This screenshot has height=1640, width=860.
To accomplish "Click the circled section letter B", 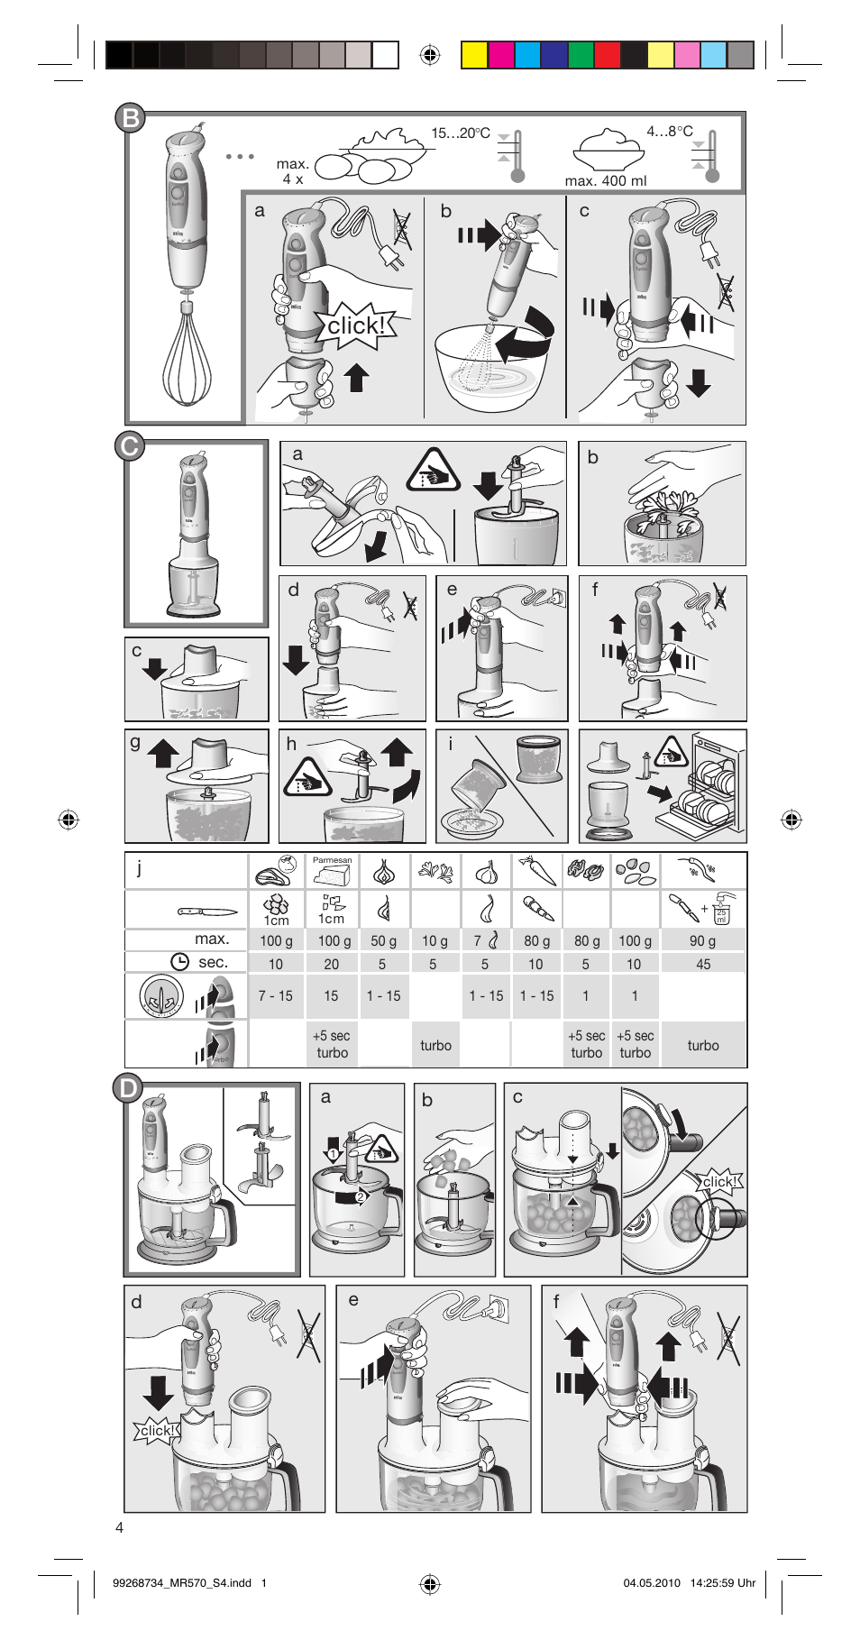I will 132,118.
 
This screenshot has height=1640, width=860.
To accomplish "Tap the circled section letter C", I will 130,445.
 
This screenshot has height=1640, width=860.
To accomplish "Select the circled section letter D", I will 129,1088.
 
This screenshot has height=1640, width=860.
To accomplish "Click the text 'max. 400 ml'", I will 606,181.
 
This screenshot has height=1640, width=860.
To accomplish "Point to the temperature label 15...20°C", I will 460,133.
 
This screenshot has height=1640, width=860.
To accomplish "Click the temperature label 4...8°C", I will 669,132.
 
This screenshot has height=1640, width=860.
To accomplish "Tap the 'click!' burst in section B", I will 356,325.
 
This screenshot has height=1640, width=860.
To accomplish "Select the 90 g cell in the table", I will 702,940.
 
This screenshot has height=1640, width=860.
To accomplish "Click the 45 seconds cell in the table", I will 703,964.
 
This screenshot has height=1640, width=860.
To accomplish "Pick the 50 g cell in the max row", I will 383,940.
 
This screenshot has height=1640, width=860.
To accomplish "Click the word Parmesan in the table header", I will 332,860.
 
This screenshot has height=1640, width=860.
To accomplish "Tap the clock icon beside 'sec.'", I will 180,962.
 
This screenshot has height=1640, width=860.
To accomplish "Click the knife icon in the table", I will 206,912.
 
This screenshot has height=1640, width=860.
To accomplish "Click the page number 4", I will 120,1527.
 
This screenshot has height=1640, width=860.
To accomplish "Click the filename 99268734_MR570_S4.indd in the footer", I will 182,1582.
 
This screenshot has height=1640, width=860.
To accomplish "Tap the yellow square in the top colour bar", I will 474,55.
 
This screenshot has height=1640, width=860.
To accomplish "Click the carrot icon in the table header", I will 536,871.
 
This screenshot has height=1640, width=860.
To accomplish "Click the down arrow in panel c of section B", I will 699,382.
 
